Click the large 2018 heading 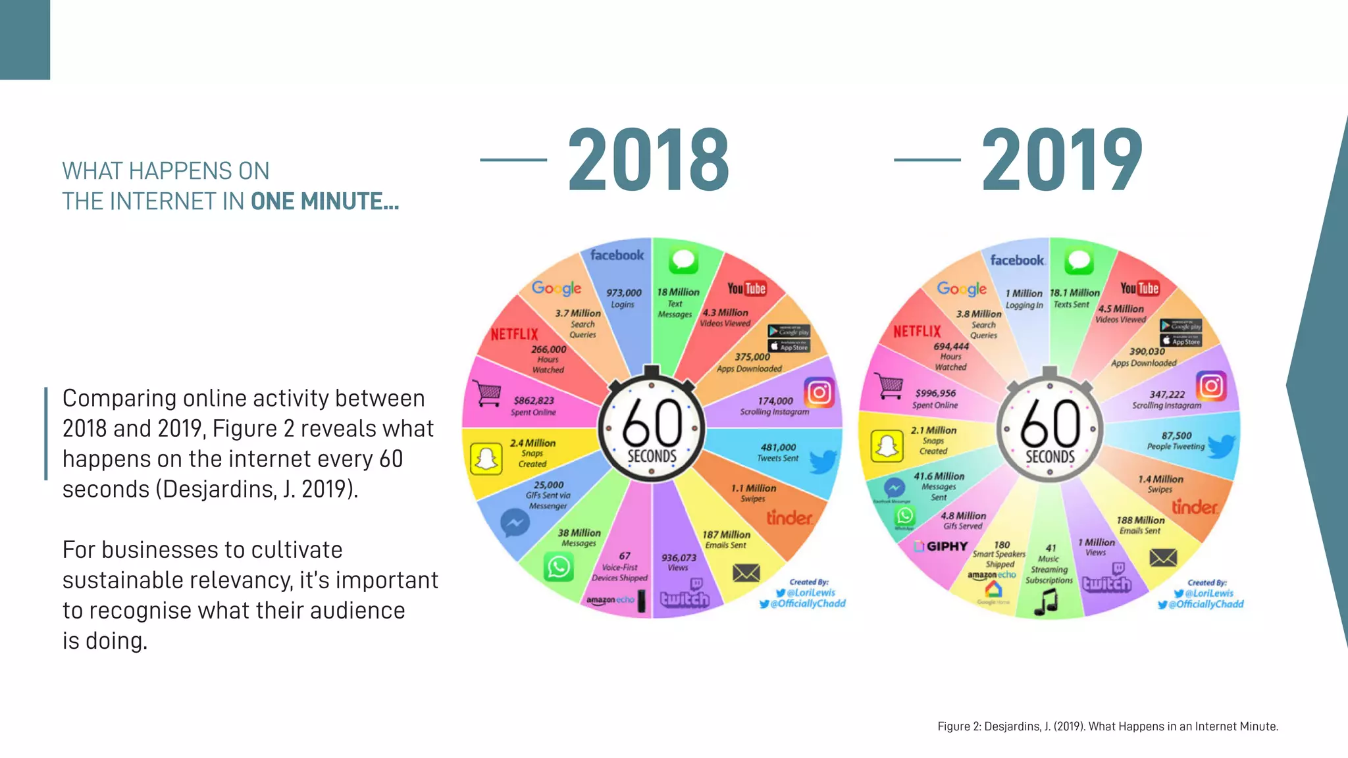pos(648,160)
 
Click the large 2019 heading pos(1062,160)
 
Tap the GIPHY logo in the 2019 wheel pos(942,546)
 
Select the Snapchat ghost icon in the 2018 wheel pos(486,458)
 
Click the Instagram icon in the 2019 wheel pos(1211,386)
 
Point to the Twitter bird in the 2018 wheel pos(823,461)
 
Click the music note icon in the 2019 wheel pos(1045,601)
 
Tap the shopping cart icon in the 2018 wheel pos(488,393)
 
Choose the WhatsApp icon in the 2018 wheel pos(559,567)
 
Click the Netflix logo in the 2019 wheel pos(917,331)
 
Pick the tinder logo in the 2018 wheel pos(789,518)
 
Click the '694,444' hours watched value pos(951,346)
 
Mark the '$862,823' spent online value pos(534,400)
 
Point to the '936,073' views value pos(679,557)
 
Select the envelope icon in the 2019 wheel pos(1163,558)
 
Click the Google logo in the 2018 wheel pos(556,288)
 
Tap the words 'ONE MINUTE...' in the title pos(324,201)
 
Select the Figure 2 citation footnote pos(1107,726)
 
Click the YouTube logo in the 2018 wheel pos(746,288)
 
